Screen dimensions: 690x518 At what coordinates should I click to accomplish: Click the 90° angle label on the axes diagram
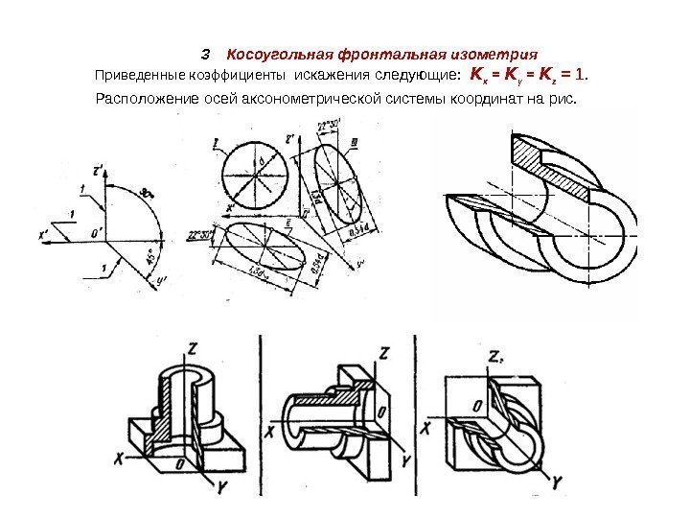tap(147, 192)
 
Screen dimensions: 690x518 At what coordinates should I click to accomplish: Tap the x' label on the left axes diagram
tap(44, 232)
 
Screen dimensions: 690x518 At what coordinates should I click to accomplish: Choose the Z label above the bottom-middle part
tap(382, 352)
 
